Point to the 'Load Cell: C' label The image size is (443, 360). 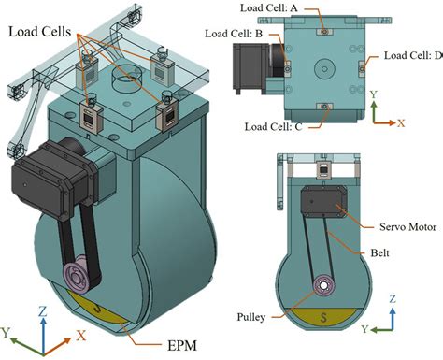(273, 124)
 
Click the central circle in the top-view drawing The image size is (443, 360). (323, 67)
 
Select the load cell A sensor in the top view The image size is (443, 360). (323, 31)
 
